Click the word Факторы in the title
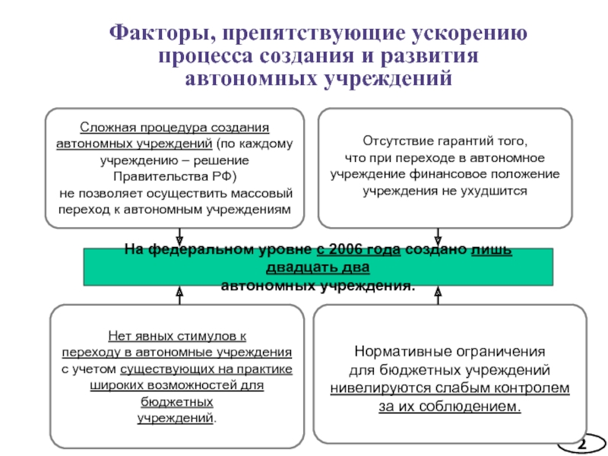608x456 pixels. click(152, 34)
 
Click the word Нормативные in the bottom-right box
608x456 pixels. click(400, 353)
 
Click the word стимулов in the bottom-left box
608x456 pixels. click(203, 335)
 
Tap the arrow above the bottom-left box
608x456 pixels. click(179, 293)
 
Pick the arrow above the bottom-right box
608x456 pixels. click(438, 291)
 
